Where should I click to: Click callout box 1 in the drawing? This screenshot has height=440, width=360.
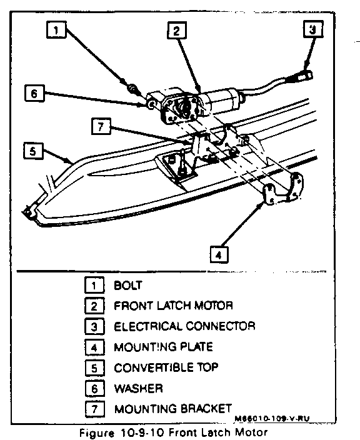point(56,30)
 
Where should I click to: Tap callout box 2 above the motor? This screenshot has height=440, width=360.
point(176,30)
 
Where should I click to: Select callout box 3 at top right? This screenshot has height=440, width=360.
point(313,29)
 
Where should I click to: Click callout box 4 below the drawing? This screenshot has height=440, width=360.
point(219,254)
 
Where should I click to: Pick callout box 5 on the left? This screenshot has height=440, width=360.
point(33,151)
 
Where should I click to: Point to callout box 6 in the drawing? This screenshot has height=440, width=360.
point(34,93)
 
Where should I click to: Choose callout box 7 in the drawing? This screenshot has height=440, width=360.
point(101,126)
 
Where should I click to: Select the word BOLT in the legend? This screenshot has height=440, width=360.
point(128,286)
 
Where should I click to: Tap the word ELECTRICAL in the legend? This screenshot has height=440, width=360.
point(148,326)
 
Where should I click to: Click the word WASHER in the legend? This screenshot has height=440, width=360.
point(138,388)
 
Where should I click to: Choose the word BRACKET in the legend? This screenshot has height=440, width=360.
point(206,409)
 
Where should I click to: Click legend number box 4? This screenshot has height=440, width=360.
point(94,347)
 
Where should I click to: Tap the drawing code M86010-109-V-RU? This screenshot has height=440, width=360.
point(272,419)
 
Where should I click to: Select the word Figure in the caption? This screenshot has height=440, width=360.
point(97,432)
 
